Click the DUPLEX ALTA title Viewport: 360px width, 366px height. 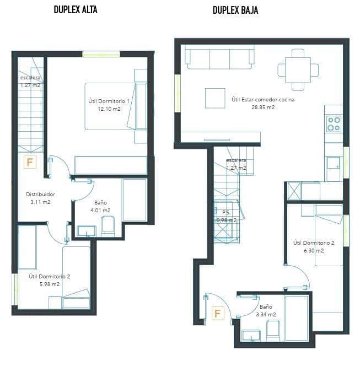click(x=76, y=9)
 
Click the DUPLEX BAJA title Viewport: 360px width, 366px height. click(x=236, y=9)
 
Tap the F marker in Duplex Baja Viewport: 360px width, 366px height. click(x=218, y=314)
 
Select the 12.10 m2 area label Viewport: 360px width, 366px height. click(x=109, y=109)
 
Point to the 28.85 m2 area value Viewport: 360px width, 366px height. click(x=263, y=107)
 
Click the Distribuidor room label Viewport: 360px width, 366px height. click(x=40, y=194)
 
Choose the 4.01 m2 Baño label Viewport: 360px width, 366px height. click(x=101, y=210)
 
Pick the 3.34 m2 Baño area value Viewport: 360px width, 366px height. click(x=266, y=315)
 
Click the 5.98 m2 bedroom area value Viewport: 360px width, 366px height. click(x=50, y=284)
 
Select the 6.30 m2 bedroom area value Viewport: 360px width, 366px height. click(x=313, y=250)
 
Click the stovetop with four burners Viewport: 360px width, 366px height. click(x=334, y=123)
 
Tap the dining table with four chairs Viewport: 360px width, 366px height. click(x=298, y=70)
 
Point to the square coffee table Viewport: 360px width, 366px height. click(x=215, y=98)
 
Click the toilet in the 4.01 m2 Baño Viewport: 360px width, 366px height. click(x=108, y=226)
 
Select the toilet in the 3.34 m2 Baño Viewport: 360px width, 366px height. click(x=273, y=330)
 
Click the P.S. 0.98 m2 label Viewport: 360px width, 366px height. click(x=225, y=216)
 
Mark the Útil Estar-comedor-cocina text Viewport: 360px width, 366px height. click(x=263, y=100)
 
